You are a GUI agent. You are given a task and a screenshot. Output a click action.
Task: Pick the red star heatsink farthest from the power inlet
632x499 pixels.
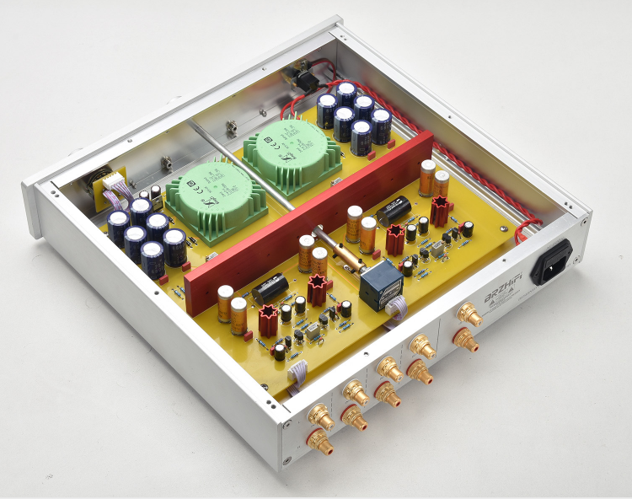[x=266, y=318]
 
